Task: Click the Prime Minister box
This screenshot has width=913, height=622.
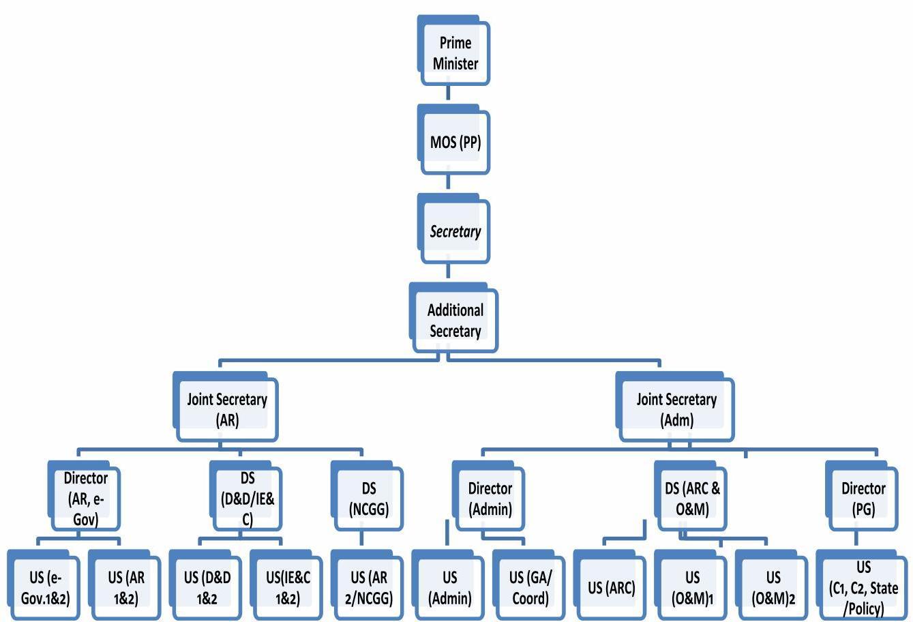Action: coord(455,53)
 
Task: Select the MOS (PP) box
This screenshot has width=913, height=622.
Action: coord(455,143)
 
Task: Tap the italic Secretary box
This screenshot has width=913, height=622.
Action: coord(455,231)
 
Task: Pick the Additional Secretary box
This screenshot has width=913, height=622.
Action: coord(455,321)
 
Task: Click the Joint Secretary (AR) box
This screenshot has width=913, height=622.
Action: coord(227,409)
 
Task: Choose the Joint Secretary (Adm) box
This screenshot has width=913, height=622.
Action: coord(676,409)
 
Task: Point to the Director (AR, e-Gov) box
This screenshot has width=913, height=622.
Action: coord(85,499)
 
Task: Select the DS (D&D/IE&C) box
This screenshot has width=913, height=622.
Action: coord(247,499)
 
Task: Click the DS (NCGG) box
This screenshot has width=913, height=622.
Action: coord(368,499)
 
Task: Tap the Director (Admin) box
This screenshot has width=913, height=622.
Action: coord(490,499)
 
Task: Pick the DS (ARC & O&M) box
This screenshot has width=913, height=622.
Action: coord(691,499)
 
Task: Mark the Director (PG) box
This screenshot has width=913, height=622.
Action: coord(863,499)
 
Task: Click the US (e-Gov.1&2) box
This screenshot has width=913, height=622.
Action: coord(40,588)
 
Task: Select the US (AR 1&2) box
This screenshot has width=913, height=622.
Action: coord(125,588)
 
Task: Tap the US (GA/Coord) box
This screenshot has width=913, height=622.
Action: coord(529,588)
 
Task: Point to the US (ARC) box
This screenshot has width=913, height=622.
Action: coord(611,588)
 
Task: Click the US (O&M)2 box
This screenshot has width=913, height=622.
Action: coord(773,588)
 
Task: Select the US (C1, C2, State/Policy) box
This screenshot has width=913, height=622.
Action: coord(863,588)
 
